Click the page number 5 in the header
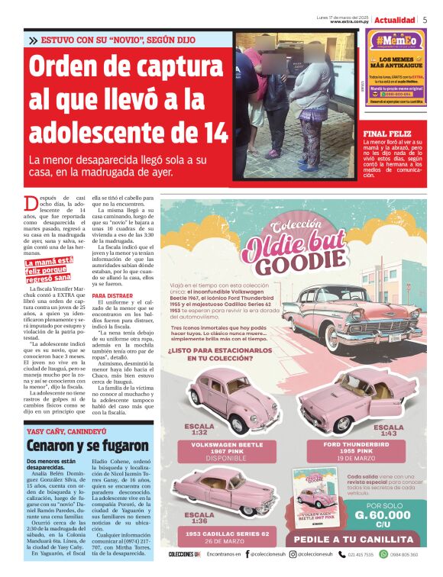click(425, 19)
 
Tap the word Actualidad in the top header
click(395, 19)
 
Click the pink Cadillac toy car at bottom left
click(215, 488)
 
